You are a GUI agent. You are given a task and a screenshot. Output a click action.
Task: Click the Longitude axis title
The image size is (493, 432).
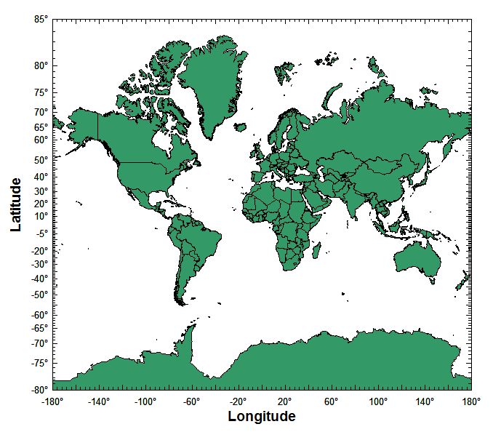[x=262, y=417]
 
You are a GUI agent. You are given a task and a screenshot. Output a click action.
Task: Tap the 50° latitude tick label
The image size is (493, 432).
[x=40, y=160]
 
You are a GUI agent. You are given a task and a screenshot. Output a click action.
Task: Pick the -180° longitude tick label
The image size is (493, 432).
[x=52, y=401]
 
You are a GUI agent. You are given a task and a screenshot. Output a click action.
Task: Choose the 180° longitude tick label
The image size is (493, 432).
[x=470, y=401]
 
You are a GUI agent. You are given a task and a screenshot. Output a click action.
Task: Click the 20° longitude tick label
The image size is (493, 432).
[x=284, y=401]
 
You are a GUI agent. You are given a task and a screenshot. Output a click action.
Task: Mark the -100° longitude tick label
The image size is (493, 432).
[x=145, y=401]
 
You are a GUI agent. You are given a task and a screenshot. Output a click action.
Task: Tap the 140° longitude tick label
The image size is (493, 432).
[x=424, y=401]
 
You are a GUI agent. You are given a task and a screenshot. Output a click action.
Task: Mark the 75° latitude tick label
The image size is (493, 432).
[x=40, y=92]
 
